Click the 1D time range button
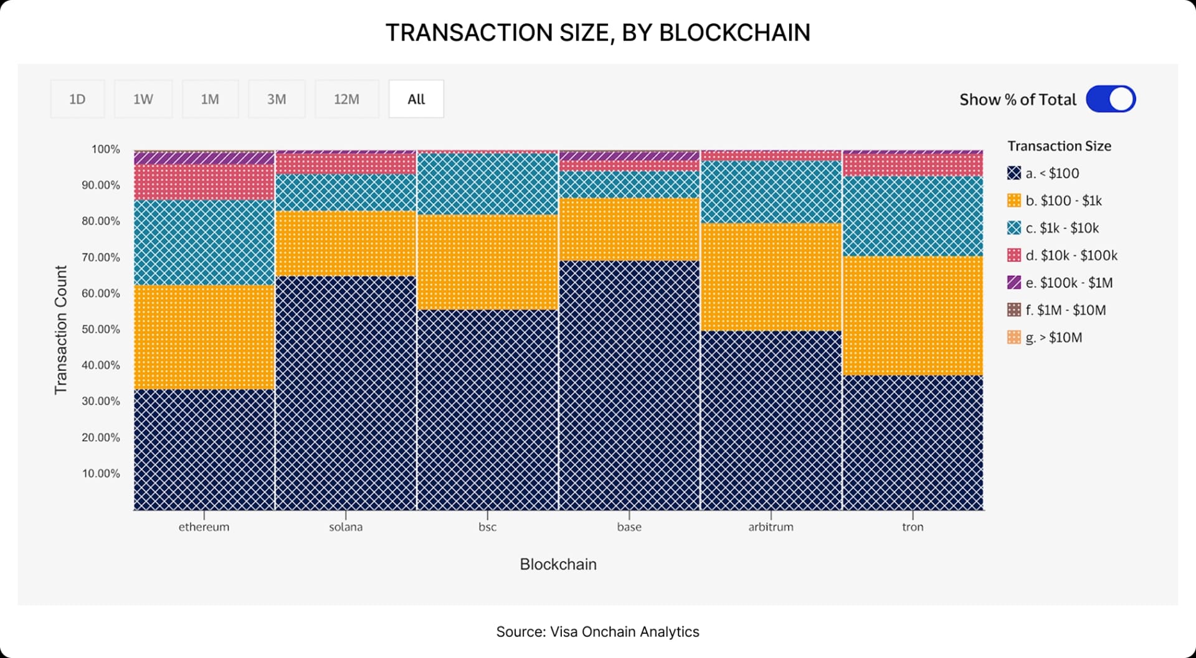(x=77, y=99)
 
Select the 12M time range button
(x=346, y=99)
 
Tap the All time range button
(x=416, y=99)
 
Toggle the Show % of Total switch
(x=1111, y=99)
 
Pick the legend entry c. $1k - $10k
(x=1061, y=228)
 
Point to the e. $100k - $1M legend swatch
(x=1014, y=283)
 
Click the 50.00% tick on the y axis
(x=101, y=329)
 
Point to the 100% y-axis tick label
(x=105, y=149)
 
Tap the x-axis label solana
(x=346, y=527)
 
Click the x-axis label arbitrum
(x=771, y=527)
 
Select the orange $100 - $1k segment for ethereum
(x=204, y=337)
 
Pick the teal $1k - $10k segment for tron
(x=913, y=216)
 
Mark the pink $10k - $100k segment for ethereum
(x=204, y=182)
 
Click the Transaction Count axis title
(x=60, y=329)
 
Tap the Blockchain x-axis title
(x=558, y=564)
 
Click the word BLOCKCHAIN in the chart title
(x=734, y=32)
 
